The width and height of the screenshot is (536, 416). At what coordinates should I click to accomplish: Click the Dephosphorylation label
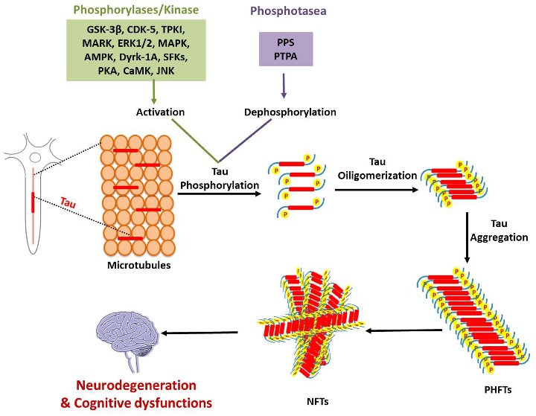tap(291, 112)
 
